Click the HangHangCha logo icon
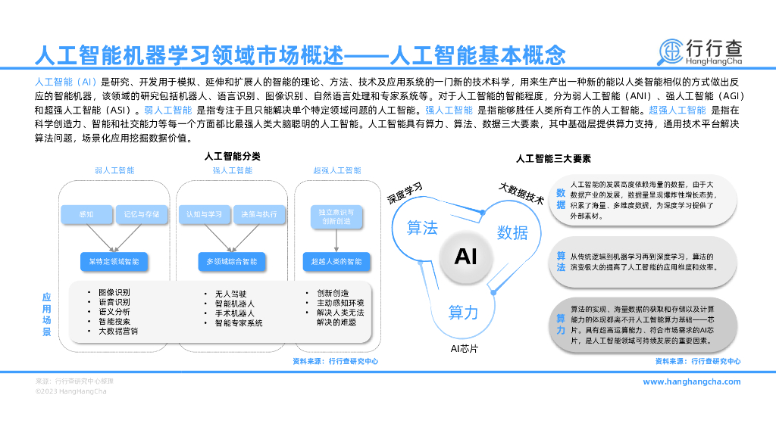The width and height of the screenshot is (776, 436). tap(671, 51)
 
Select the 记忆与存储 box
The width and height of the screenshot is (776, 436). tap(142, 215)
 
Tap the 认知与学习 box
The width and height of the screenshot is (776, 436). tap(205, 215)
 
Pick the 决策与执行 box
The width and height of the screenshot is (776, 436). tap(258, 215)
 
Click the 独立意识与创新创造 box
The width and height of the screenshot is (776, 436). tap(336, 216)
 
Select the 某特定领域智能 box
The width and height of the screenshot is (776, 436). tap(114, 261)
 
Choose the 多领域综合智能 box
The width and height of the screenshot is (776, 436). tap(232, 261)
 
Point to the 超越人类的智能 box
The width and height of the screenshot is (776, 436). tap(336, 261)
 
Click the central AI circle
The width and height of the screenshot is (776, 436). tap(465, 256)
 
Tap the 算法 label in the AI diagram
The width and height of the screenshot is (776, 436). tap(422, 227)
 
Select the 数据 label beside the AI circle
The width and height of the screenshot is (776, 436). tap(512, 232)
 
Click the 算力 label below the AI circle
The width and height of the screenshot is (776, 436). tap(463, 312)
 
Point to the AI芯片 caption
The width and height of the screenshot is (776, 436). tap(464, 349)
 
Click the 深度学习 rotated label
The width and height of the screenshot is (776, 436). tap(405, 194)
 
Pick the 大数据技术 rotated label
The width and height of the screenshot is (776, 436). tap(521, 193)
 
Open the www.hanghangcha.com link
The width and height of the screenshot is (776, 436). tap(692, 381)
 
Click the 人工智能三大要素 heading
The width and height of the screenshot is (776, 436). tap(553, 159)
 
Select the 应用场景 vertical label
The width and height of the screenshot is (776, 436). tap(46, 315)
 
